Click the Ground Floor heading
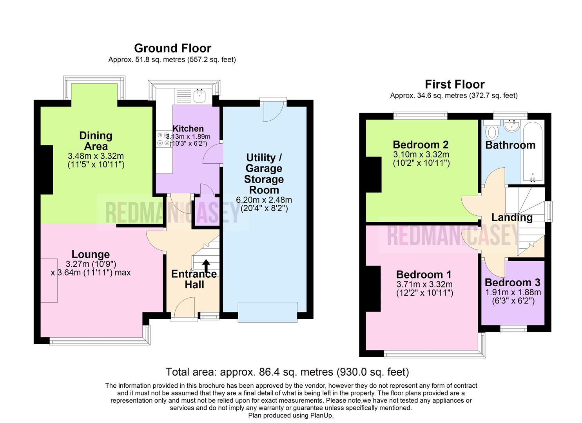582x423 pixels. [x=172, y=48]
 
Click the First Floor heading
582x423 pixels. [x=454, y=84]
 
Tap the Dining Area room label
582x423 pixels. [x=96, y=141]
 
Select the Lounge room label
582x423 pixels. [x=91, y=255]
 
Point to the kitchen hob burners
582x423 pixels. [x=163, y=139]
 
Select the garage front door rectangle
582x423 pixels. [x=267, y=312]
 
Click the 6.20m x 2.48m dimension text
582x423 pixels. [x=264, y=200]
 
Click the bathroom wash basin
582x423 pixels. [x=511, y=126]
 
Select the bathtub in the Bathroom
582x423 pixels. [x=533, y=153]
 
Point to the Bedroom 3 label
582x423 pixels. [x=512, y=282]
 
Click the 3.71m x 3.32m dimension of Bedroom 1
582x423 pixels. [x=424, y=284]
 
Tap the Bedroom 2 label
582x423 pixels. [x=421, y=145]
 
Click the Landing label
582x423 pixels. [x=511, y=217]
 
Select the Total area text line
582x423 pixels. [x=287, y=372]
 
